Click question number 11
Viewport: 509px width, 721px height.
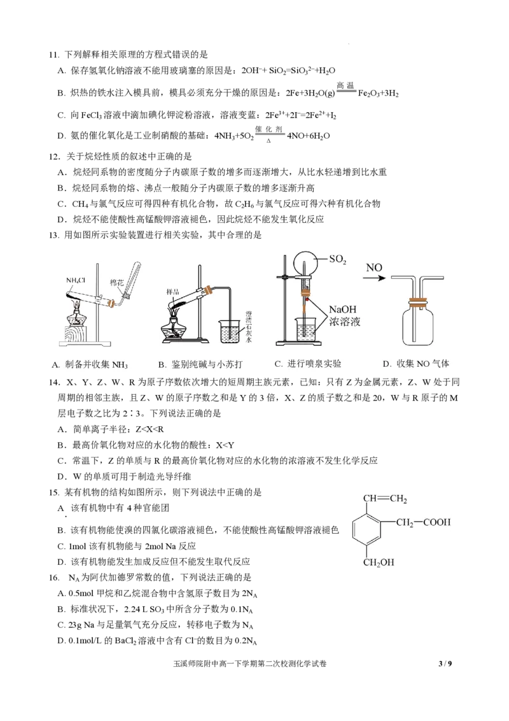coord(54,55)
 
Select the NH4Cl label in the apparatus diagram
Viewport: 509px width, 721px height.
coord(76,280)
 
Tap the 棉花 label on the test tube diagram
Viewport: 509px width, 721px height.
coord(116,282)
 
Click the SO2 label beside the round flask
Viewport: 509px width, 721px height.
coord(338,259)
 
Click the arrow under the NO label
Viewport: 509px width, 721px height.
coord(376,277)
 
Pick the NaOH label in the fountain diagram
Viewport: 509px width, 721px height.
coord(343,310)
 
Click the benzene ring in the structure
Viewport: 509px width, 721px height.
coord(366,529)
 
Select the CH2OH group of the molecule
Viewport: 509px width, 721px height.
coord(379,562)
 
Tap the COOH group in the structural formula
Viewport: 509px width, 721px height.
coord(437,522)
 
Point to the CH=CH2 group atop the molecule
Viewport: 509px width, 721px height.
coord(385,499)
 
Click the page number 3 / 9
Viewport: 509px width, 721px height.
coord(445,664)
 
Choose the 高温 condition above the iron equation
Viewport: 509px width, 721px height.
coord(345,85)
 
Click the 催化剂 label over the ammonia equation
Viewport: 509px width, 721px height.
coord(268,129)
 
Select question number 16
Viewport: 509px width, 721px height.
coord(54,578)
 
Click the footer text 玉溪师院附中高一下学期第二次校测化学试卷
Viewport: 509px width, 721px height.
coord(250,664)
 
